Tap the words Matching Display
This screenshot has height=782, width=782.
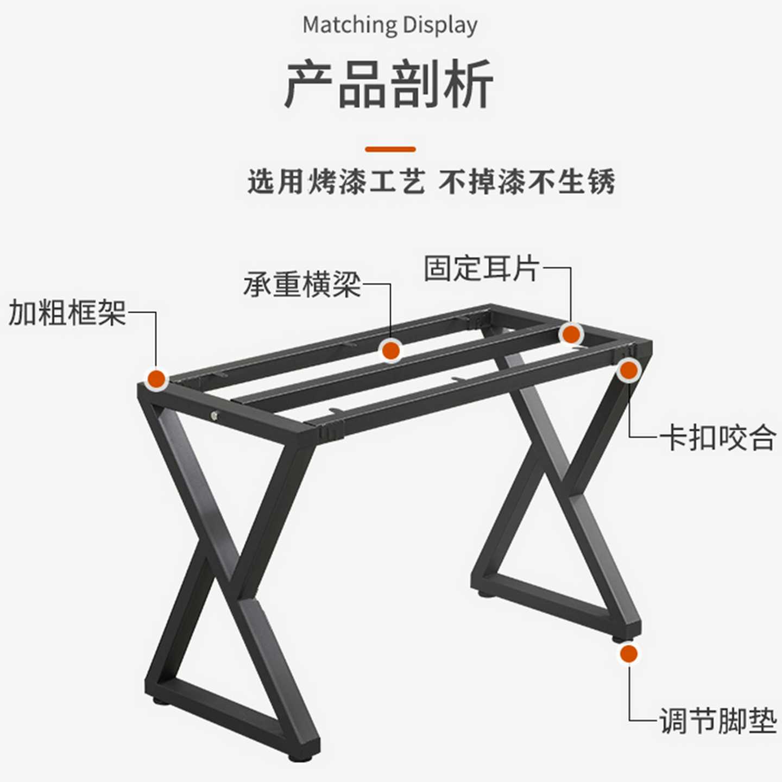[x=390, y=26]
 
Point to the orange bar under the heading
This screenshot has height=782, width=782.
[x=390, y=149]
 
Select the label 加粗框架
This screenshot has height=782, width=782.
[x=67, y=313]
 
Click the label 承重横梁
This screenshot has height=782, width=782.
[x=302, y=284]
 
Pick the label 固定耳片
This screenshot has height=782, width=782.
[x=482, y=268]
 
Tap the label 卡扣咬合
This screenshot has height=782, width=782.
[x=718, y=438]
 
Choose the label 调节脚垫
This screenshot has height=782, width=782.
[x=718, y=721]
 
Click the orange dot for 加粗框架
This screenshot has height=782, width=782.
[x=157, y=379]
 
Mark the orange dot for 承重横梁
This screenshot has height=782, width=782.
[x=391, y=350]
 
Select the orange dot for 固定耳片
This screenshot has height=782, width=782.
[x=571, y=335]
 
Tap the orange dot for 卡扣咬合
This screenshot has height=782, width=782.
[x=629, y=370]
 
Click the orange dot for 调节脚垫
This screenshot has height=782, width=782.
[x=629, y=654]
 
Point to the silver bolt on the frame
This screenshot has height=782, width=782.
[x=215, y=416]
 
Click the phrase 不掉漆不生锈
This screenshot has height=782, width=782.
[x=527, y=182]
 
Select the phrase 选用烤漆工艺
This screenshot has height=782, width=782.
[x=336, y=182]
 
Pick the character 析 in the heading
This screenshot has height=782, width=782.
[x=468, y=85]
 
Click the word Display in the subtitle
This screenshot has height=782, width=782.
[x=440, y=26]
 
